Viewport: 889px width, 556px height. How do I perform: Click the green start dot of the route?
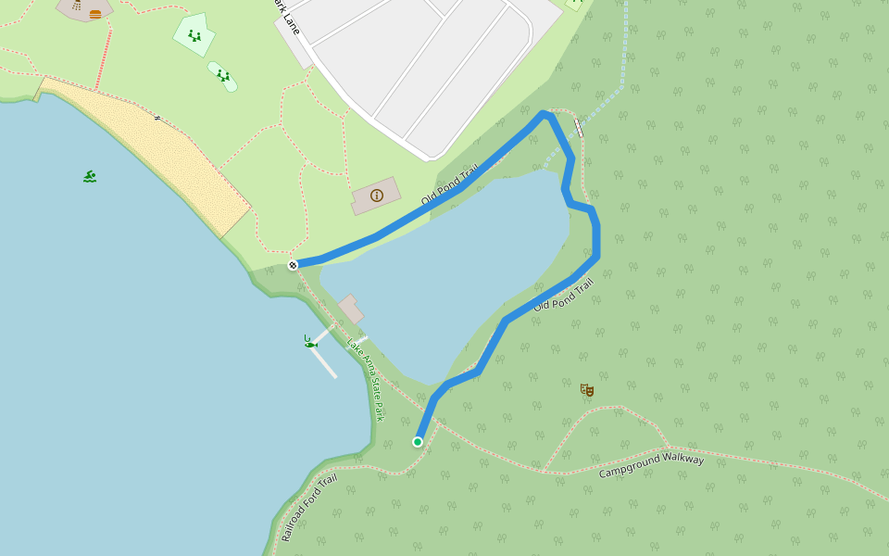point(418,442)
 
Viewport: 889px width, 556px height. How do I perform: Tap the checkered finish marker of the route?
point(293,265)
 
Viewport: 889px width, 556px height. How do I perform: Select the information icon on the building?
point(377,195)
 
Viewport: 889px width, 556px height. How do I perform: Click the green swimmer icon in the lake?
point(90,176)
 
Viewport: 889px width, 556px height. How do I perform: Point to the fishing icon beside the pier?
point(310,342)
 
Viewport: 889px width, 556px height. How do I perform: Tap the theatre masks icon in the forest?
point(586,390)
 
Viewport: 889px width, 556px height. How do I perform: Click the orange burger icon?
point(95,14)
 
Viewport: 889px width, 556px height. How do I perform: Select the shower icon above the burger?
point(76,5)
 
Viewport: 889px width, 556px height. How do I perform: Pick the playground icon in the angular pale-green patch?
point(194,35)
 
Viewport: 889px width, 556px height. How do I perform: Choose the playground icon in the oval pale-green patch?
point(223,76)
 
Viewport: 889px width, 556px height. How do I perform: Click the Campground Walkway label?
point(651,466)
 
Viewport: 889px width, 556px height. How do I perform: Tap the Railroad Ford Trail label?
point(309,508)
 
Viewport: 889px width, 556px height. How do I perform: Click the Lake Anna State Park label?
point(365,380)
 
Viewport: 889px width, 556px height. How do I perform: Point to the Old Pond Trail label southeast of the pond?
point(563,295)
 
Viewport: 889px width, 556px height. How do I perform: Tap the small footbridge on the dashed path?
point(579,128)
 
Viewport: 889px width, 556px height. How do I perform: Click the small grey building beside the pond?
point(350,309)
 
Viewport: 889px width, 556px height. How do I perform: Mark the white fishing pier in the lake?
point(325,357)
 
